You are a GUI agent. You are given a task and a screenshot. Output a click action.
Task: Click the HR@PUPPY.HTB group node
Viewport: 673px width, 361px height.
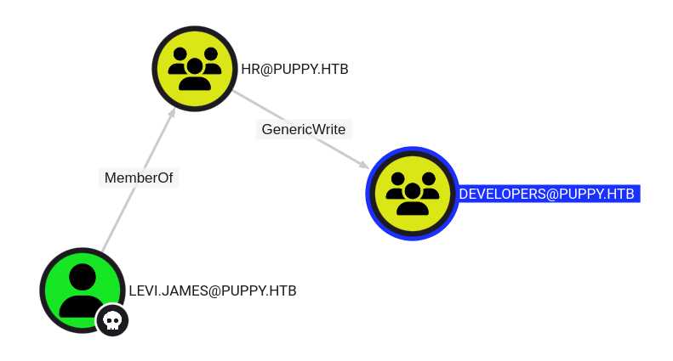tap(194, 69)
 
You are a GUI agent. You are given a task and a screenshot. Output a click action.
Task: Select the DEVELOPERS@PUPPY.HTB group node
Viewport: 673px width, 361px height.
tap(413, 193)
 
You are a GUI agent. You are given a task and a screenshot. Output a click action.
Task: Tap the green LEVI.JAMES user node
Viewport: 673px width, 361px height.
tap(82, 290)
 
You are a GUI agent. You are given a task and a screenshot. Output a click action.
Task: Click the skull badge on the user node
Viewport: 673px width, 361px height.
tap(112, 320)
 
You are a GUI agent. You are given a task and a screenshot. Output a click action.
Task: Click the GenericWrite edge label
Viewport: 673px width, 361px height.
tap(304, 129)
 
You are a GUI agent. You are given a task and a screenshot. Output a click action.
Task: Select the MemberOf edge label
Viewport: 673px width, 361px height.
tap(139, 178)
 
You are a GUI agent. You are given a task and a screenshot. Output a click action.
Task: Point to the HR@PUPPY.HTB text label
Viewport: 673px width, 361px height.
tap(294, 70)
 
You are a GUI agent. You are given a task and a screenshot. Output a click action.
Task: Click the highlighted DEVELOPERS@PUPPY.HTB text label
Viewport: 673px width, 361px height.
tap(547, 194)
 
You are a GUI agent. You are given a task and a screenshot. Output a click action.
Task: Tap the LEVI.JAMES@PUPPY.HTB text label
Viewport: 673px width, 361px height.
tap(213, 290)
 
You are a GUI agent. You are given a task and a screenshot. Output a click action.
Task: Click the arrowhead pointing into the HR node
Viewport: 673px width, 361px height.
tap(172, 114)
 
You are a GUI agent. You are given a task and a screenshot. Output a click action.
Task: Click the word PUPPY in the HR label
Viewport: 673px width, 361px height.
tap(294, 70)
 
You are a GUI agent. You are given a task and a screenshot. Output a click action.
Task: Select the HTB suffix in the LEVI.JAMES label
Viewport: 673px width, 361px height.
tap(282, 290)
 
